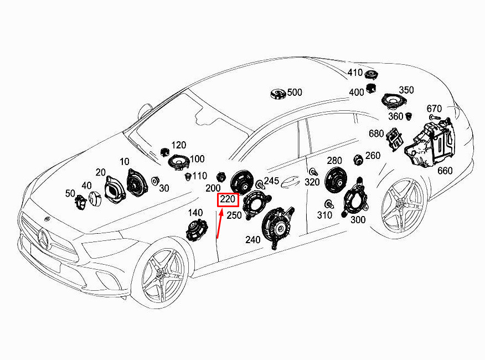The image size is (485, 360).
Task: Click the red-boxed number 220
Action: pos(228,199)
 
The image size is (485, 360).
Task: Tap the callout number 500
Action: pos(295,92)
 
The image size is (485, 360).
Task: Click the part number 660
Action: pos(445,171)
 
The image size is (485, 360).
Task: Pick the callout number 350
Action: pos(406,90)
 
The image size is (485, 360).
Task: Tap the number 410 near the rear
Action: pos(355,73)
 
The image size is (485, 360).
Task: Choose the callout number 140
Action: pos(195,213)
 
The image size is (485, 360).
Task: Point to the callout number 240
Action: pos(252,240)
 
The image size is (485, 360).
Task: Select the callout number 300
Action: pos(358,220)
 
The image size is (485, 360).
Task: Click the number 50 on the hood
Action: pos(70,193)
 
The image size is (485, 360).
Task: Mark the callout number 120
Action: pos(178,145)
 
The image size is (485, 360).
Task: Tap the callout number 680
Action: pos(376,133)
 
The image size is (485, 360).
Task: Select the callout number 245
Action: pos(271,181)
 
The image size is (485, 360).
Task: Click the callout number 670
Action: pos(434,109)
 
